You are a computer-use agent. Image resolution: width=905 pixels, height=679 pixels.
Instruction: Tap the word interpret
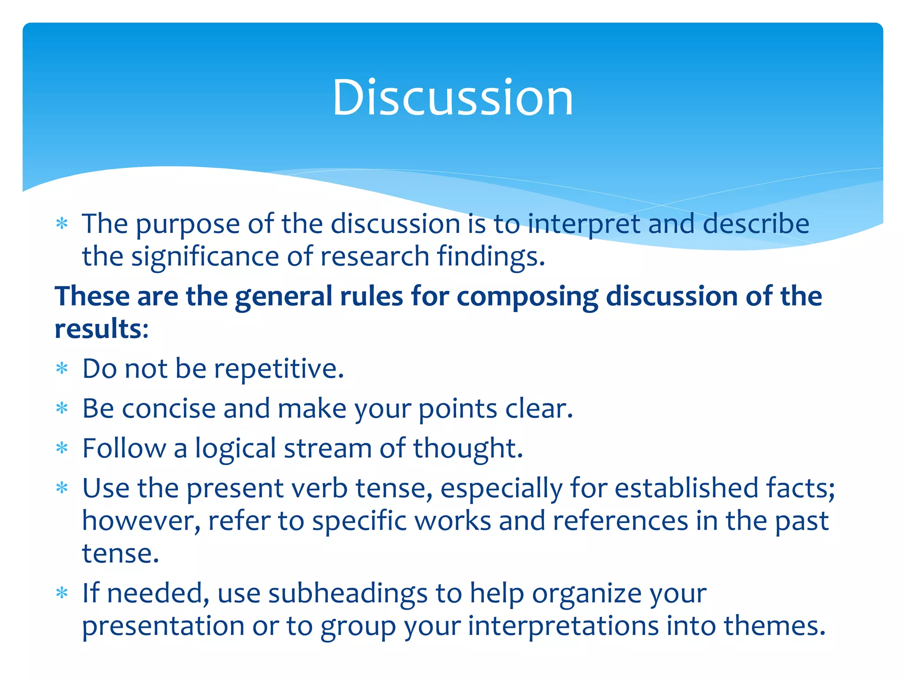coord(584,225)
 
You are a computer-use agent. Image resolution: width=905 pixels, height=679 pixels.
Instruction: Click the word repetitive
coord(279,370)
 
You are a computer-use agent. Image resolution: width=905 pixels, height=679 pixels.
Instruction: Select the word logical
coord(236,449)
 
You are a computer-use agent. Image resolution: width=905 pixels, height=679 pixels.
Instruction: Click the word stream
coord(328,449)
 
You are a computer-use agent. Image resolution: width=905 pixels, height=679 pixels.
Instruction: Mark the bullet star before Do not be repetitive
coord(62,368)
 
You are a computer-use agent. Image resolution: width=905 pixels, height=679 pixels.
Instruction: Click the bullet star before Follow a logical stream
coord(62,448)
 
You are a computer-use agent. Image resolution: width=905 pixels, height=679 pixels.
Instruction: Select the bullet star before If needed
coord(62,592)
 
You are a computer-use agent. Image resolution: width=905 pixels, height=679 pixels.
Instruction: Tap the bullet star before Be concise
coord(62,408)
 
